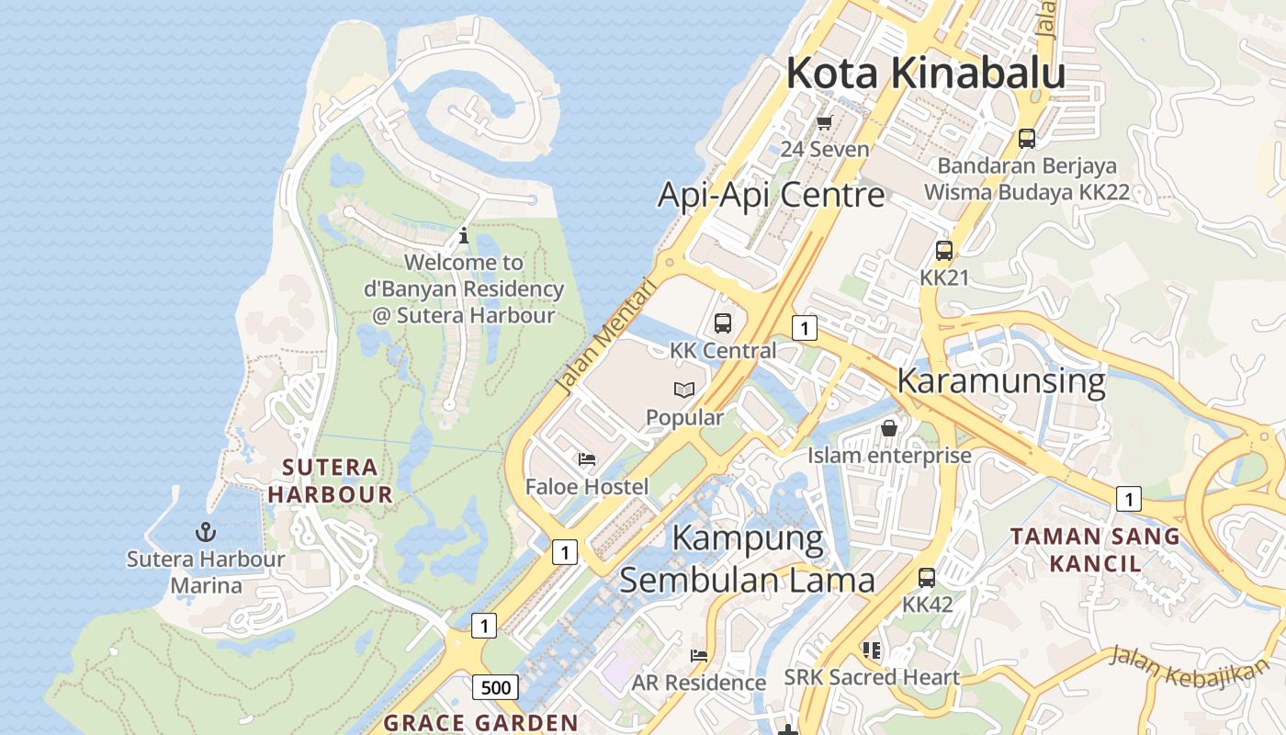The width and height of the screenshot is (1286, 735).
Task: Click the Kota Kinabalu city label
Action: point(925,73)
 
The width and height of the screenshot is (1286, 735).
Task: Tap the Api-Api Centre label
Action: point(772,195)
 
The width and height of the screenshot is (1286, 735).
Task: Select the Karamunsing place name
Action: point(1000,380)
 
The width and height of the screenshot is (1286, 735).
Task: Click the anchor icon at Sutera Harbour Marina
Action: point(206,532)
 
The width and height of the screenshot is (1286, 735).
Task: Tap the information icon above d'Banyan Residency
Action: point(464,235)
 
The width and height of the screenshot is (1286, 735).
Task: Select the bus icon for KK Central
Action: point(723,323)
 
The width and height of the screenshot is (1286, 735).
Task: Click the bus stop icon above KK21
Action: point(943,251)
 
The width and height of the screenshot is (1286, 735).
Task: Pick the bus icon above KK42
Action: point(927,578)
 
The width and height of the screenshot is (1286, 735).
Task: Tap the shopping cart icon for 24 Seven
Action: point(824,122)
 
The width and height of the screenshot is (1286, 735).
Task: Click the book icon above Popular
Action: point(684,390)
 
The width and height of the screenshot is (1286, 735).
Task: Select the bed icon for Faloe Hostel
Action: point(587,459)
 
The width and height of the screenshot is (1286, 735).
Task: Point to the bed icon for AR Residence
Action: point(699,656)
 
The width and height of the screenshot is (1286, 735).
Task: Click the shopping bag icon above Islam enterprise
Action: point(889,428)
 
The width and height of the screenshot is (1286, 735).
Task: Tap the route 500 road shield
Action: point(496,687)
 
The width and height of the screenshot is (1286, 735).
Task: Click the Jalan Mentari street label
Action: point(608,337)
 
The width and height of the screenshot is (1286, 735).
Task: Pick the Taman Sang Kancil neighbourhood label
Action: point(1095,549)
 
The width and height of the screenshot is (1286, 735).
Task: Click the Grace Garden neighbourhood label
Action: point(480,722)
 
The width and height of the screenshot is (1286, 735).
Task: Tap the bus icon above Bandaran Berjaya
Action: point(1027,139)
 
